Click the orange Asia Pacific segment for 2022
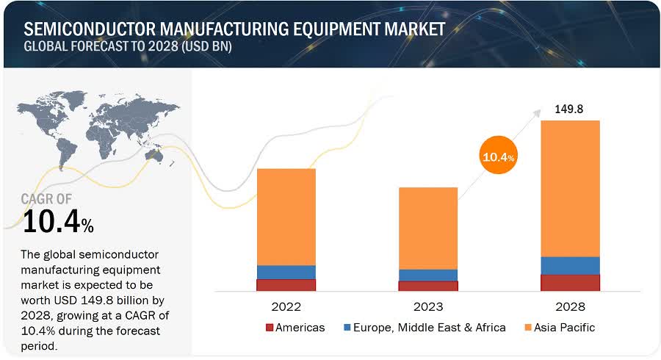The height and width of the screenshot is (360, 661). point(286,217)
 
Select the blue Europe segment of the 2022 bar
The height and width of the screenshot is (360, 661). point(286,272)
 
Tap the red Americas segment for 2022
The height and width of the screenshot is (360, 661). point(286,285)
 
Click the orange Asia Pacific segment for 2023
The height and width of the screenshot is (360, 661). point(427,228)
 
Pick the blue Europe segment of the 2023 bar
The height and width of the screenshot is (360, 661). point(427,275)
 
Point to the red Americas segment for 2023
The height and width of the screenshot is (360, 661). point(427,287)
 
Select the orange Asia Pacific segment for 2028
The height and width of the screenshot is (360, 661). point(570,188)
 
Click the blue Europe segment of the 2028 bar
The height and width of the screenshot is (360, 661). point(570,265)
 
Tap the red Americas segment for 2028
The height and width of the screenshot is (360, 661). point(570,283)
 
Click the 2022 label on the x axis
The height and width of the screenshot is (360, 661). point(286,306)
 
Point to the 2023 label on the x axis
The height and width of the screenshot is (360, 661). point(427,306)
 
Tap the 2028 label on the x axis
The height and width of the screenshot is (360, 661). point(570,306)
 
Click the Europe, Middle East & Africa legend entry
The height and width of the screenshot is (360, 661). point(425,327)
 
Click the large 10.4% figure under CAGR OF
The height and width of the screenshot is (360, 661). point(58,221)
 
